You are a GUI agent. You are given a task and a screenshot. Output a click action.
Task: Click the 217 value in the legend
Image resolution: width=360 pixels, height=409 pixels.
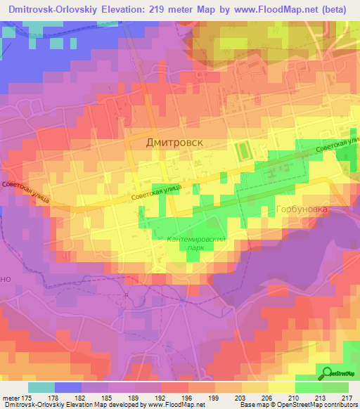349,398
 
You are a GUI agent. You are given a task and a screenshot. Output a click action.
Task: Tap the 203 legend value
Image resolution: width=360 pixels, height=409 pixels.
243,398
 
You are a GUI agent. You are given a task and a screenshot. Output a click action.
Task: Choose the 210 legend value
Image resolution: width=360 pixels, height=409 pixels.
296,398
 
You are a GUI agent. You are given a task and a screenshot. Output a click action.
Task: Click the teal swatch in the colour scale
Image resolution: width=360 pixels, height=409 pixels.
41,387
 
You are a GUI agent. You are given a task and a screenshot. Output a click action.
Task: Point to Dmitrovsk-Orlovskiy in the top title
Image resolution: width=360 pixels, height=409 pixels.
58,10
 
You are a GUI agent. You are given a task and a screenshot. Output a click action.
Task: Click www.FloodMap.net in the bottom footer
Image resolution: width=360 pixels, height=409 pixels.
176,405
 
